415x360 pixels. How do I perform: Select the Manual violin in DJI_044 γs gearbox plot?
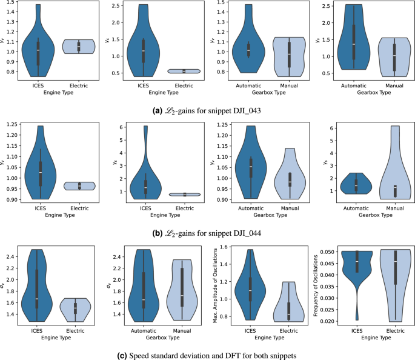point(394,170)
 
